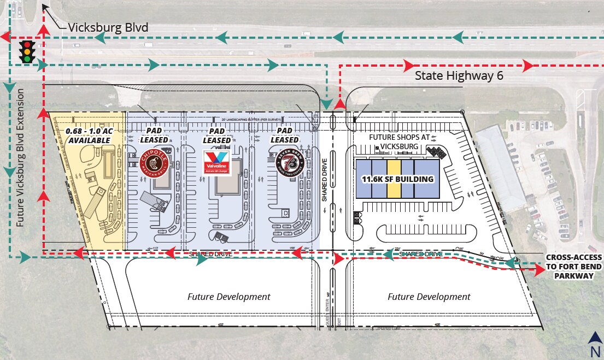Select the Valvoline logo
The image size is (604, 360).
coord(217,163)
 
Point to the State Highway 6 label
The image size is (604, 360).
coord(459,76)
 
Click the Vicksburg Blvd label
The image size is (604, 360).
coord(108,27)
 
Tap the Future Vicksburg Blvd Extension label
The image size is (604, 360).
coord(21,157)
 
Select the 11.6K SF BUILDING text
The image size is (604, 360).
coord(397,179)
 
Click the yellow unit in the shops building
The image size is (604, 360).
coord(394,179)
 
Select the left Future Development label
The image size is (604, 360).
coord(228,297)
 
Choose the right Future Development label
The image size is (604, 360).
coord(429,297)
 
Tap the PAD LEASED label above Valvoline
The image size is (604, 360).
coord(217,136)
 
